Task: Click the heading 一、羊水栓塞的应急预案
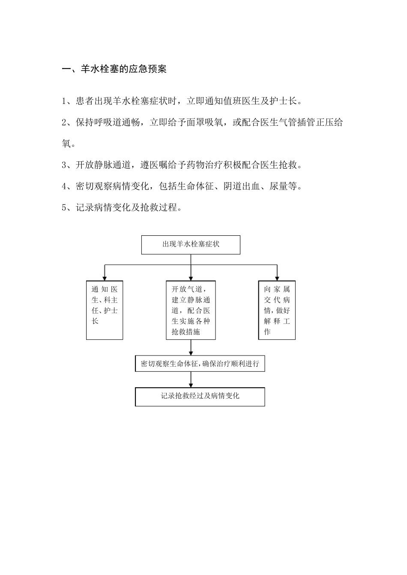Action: coord(114,69)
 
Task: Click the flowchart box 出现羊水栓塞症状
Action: coord(191,244)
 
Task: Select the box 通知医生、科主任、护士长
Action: coord(105,310)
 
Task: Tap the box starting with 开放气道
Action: coord(191,310)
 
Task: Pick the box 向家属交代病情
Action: coord(277,310)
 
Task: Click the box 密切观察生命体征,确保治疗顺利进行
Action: coord(200,364)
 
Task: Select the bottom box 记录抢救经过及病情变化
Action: coord(200,397)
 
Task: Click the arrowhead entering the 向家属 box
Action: coord(277,278)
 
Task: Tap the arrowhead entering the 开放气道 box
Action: coord(191,278)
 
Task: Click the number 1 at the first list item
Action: coord(64,102)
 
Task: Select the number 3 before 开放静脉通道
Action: coord(64,165)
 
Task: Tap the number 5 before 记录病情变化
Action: coord(64,208)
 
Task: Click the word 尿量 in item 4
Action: coord(278,187)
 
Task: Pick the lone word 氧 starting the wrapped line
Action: coord(66,144)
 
